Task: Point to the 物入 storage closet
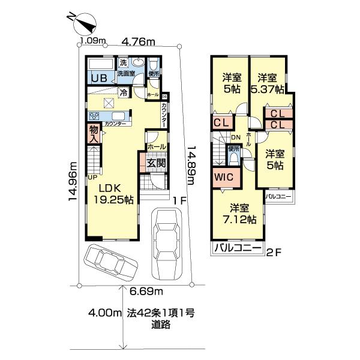tap(94, 133)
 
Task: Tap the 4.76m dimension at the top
tap(139, 42)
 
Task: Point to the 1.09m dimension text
tap(93, 41)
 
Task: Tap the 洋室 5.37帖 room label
tap(268, 82)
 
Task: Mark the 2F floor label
tap(274, 253)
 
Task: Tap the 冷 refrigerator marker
tap(123, 93)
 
